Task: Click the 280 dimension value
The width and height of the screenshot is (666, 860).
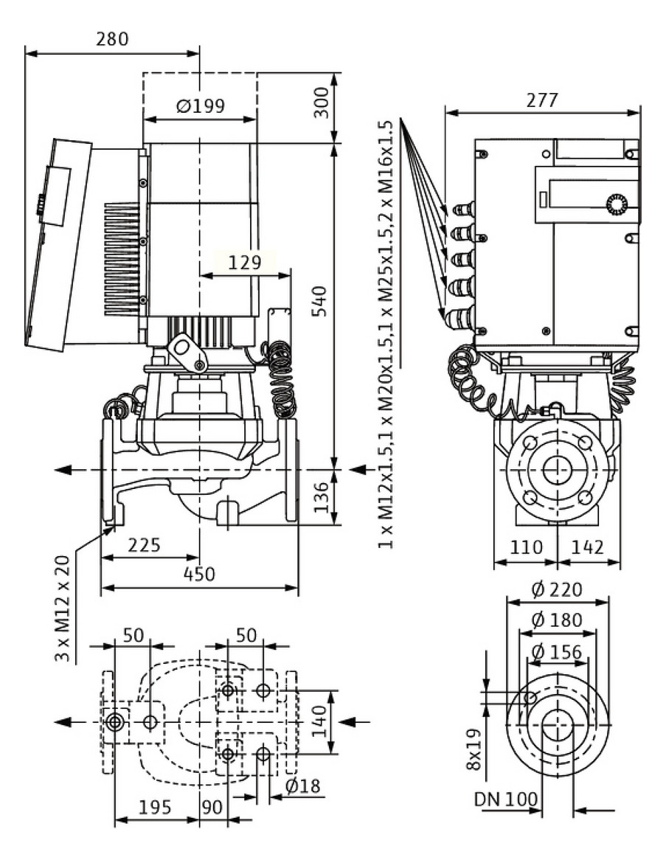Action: [111, 39]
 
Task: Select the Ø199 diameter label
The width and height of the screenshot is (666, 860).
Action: [200, 105]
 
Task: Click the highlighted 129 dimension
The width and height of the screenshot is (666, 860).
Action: [245, 263]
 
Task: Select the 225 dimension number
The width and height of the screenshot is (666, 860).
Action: [145, 546]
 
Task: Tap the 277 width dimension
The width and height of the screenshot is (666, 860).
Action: [542, 100]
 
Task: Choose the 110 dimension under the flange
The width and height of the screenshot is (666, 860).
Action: [525, 547]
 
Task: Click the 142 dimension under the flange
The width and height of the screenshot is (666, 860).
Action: [588, 547]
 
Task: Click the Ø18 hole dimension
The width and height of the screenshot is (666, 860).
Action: [303, 786]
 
